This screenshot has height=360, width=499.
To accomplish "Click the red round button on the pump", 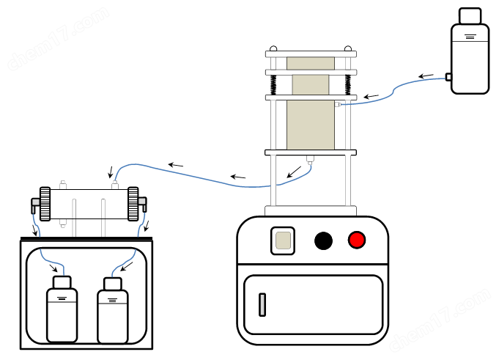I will (x=357, y=240).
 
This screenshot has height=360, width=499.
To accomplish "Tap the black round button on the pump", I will (x=323, y=240).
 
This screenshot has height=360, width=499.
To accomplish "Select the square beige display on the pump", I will (x=282, y=240).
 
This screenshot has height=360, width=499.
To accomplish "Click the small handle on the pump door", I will (x=262, y=304).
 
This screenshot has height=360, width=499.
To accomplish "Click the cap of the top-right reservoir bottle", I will (x=470, y=15).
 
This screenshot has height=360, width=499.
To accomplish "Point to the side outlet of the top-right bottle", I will (x=448, y=76).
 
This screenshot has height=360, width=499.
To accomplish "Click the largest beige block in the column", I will (x=310, y=125).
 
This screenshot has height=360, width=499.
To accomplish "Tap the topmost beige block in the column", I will (x=310, y=63).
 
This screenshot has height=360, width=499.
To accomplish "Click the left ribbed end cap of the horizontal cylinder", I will (x=45, y=205).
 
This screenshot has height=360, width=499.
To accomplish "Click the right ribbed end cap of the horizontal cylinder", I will (x=133, y=205).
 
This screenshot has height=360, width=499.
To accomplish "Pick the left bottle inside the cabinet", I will (x=62, y=311).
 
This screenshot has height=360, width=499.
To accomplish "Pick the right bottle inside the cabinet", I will (x=112, y=312).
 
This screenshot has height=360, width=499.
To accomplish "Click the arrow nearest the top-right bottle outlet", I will (x=426, y=76).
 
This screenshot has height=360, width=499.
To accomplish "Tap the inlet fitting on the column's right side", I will (x=338, y=105).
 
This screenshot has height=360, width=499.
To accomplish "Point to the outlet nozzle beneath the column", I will (x=310, y=159).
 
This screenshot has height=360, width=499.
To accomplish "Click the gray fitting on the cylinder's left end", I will (x=34, y=202).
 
